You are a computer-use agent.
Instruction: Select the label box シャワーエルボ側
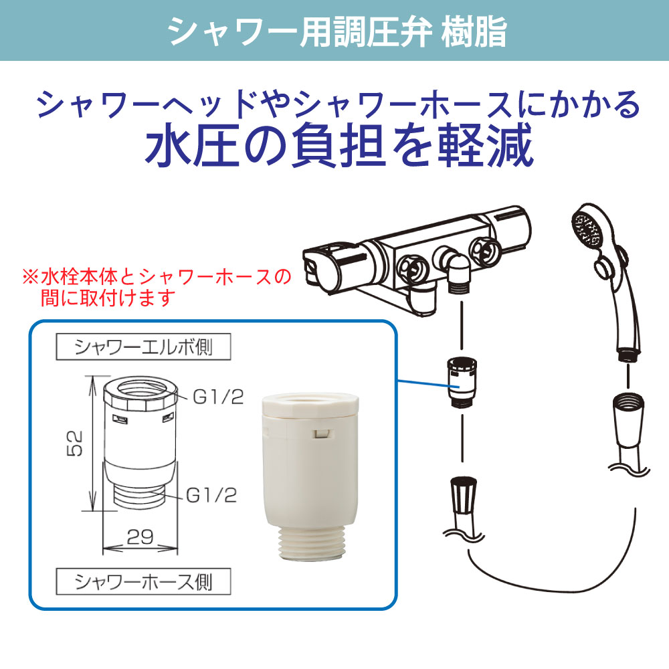click(143, 347)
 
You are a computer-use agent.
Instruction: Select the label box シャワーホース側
click(143, 581)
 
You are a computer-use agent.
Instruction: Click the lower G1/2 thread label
click(211, 496)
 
